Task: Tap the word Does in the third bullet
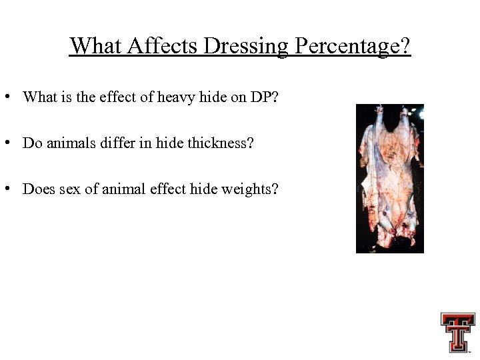point(37,189)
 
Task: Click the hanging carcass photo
point(389,178)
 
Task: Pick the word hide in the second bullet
point(168,143)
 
